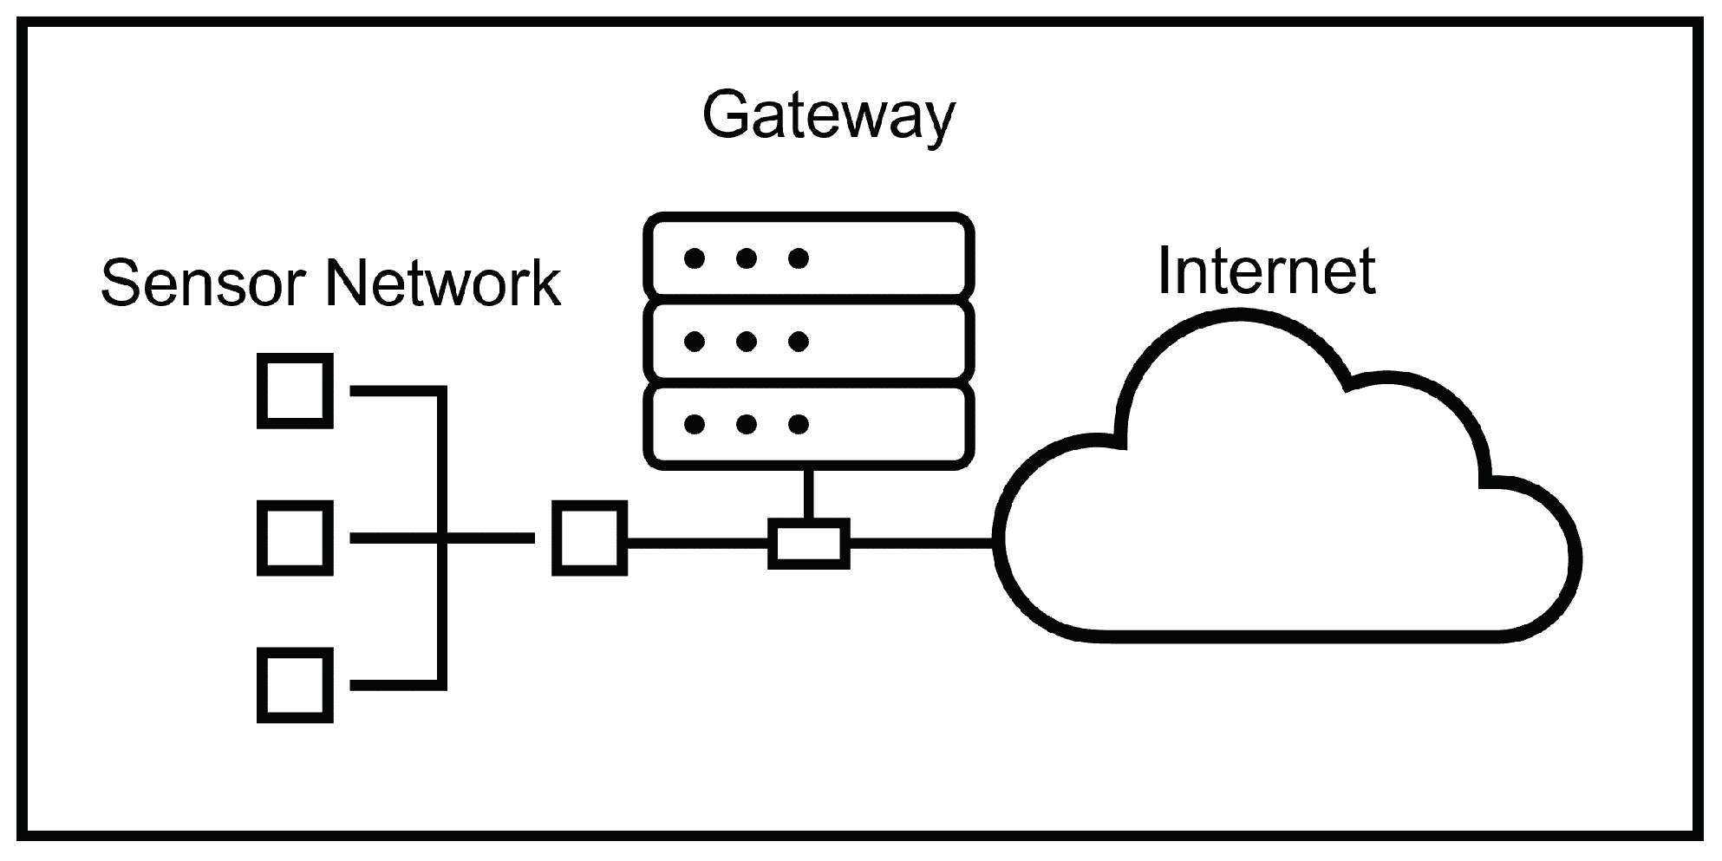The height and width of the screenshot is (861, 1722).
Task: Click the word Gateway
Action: [828, 115]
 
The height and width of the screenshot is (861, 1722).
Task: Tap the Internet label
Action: [1266, 271]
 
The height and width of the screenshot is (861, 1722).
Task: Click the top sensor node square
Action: [295, 390]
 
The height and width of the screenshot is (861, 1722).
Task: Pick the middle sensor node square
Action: [295, 538]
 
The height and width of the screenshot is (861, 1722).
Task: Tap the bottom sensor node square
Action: [295, 685]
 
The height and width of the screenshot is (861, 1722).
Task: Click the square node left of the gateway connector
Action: [590, 538]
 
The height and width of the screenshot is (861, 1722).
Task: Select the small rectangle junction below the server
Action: [808, 544]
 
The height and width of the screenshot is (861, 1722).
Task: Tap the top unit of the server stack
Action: [808, 257]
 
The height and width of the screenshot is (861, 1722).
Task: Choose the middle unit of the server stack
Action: [808, 342]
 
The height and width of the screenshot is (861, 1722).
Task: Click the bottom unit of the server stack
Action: [808, 425]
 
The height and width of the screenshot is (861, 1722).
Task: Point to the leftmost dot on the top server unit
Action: [694, 258]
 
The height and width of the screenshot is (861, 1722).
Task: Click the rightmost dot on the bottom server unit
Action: [799, 425]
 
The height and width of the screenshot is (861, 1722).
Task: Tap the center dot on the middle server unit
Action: [747, 342]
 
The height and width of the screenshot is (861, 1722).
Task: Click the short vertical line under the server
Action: [808, 494]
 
